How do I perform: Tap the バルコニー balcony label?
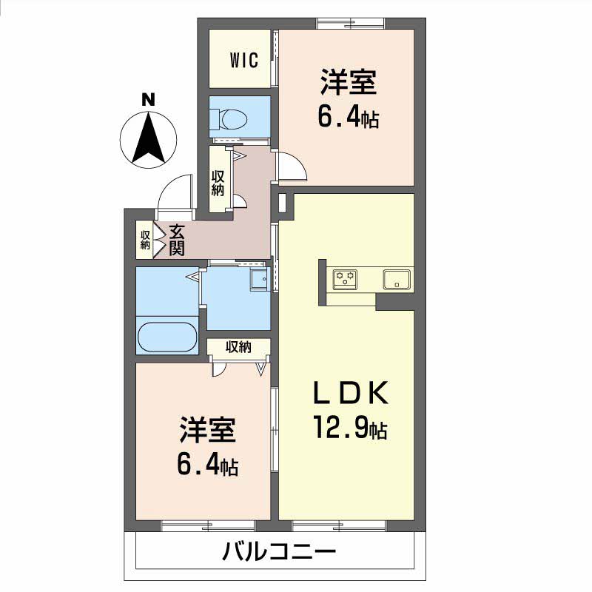pyautogui.click(x=280, y=552)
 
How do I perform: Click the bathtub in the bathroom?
pyautogui.click(x=167, y=339)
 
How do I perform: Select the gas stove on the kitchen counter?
pyautogui.click(x=345, y=280)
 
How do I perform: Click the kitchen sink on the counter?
pyautogui.click(x=397, y=280)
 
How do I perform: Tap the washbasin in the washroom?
pyautogui.click(x=258, y=280)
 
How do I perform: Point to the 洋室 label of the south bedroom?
pyautogui.click(x=207, y=430)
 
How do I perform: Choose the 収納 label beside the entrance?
pyautogui.click(x=145, y=240)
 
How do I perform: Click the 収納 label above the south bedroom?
pyautogui.click(x=238, y=346)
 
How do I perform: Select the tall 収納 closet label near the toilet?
pyautogui.click(x=218, y=182)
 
